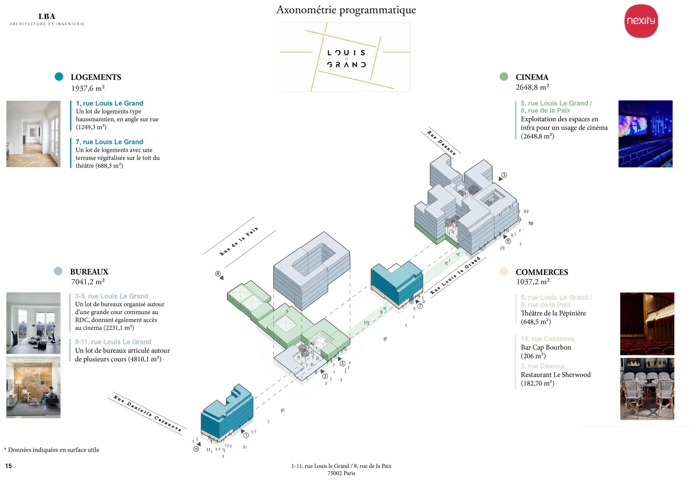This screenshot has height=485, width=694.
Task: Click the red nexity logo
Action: tap(641, 21)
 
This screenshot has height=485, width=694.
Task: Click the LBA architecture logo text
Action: tap(47, 17)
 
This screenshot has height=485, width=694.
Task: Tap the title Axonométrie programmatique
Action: tap(346, 10)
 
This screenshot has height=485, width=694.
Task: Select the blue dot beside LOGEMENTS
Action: tap(59, 76)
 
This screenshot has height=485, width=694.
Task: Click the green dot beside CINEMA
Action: tap(504, 76)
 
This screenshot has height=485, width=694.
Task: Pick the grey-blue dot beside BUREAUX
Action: tap(58, 271)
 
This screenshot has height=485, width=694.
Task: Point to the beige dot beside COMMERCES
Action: tap(504, 272)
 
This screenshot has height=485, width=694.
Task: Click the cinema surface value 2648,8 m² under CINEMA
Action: tap(532, 87)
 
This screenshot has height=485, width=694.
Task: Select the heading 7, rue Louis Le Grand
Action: tap(109, 142)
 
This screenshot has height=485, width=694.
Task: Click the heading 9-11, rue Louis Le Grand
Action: tap(113, 342)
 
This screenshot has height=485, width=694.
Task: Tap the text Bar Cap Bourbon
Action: tap(546, 347)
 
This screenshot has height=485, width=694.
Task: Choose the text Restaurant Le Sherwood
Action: tap(555, 375)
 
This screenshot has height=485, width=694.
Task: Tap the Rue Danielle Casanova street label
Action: tap(147, 413)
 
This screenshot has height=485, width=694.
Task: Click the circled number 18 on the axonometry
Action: tap(196, 449)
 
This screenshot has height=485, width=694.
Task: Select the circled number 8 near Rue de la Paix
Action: tap(218, 274)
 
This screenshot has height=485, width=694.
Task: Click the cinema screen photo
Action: tap(645, 134)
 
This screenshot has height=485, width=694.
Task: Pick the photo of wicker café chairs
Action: tap(647, 389)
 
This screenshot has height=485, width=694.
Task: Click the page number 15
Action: tap(8, 466)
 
